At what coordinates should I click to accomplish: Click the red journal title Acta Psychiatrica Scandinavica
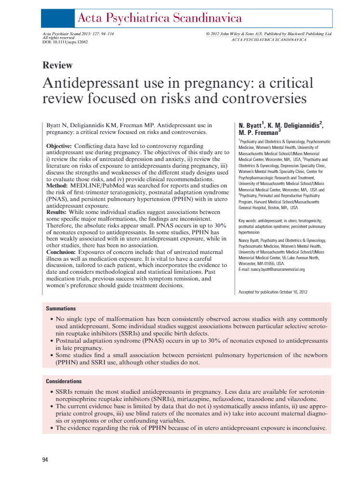(x=160, y=19)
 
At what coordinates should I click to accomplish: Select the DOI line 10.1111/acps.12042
(x=63, y=42)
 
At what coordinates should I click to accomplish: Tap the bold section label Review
(x=57, y=65)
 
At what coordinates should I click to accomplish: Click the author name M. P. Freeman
(x=258, y=132)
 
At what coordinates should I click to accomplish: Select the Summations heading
(x=61, y=308)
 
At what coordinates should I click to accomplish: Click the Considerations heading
(x=64, y=381)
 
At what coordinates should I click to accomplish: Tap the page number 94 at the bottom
(x=45, y=460)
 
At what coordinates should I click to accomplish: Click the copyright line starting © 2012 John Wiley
(x=268, y=34)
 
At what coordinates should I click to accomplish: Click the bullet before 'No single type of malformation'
(x=52, y=320)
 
